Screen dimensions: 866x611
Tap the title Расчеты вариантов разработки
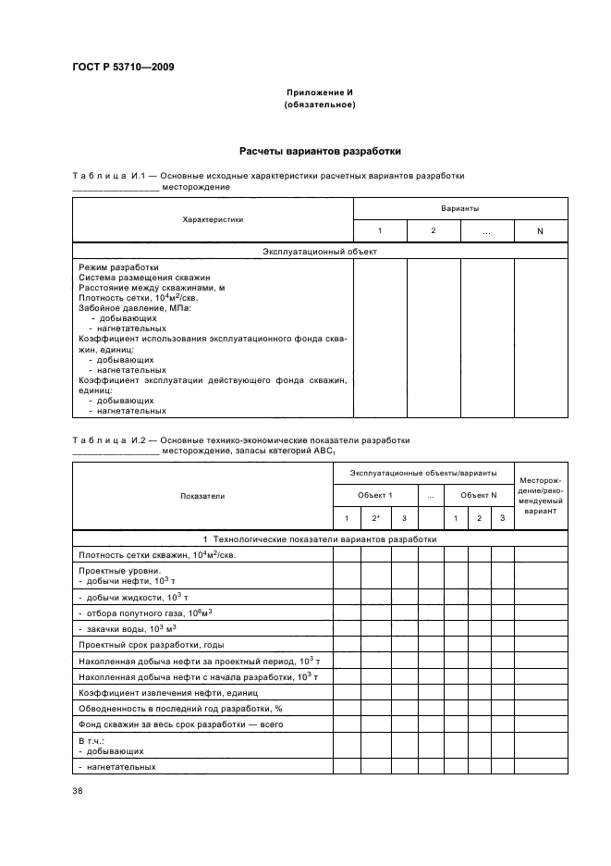[x=320, y=151]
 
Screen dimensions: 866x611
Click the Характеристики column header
[x=213, y=220]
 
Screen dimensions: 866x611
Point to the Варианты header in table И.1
[x=459, y=209]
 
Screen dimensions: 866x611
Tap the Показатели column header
[x=202, y=496]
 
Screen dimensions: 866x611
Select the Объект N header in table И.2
[x=479, y=496]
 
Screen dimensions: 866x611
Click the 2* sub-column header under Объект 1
[x=375, y=518]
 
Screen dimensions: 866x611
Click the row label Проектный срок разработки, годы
[x=152, y=644]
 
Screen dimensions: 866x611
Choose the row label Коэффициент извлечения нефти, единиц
[x=167, y=692]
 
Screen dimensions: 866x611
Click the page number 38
[x=78, y=790]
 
